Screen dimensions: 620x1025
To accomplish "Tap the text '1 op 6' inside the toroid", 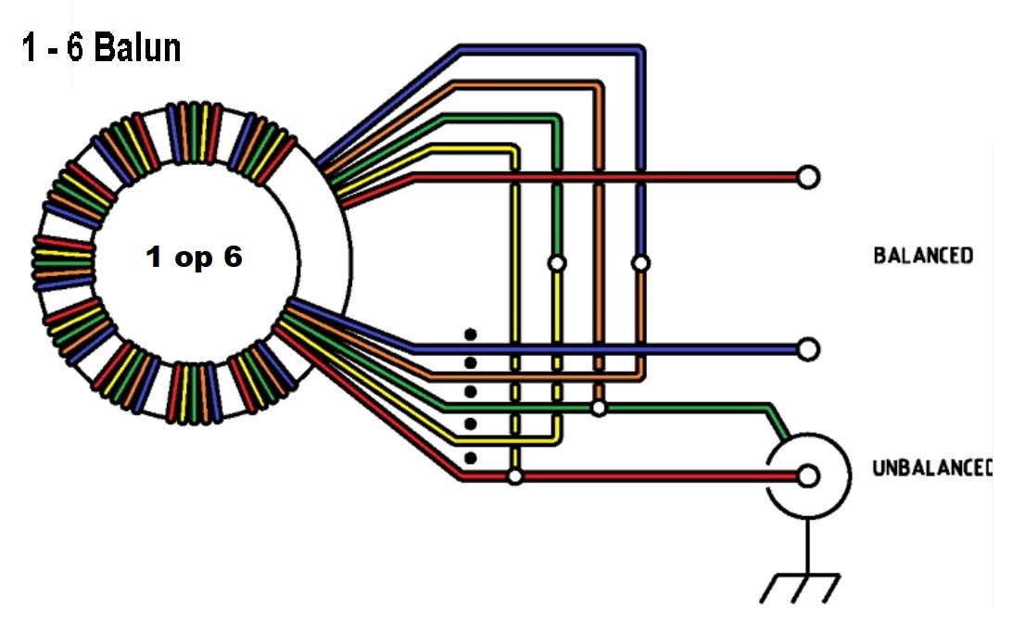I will click(x=194, y=258).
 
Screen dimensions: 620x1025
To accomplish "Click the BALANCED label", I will click(x=923, y=256).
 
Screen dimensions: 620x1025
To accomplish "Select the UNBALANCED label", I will click(x=931, y=468).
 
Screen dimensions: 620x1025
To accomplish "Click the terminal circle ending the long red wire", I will click(x=808, y=177).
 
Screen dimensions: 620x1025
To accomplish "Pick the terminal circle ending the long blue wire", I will click(x=808, y=348).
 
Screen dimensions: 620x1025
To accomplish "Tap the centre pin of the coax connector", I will click(x=808, y=476).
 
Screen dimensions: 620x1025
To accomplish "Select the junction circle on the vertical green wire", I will click(x=556, y=263).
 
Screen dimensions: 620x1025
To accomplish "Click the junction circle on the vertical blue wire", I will click(x=640, y=263).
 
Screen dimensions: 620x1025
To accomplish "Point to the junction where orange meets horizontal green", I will click(x=600, y=407).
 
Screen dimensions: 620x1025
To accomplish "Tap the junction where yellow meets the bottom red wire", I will click(x=515, y=476).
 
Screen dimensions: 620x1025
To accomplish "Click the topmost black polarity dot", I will click(x=471, y=334).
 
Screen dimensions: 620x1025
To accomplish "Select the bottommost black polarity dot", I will click(x=471, y=457).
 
